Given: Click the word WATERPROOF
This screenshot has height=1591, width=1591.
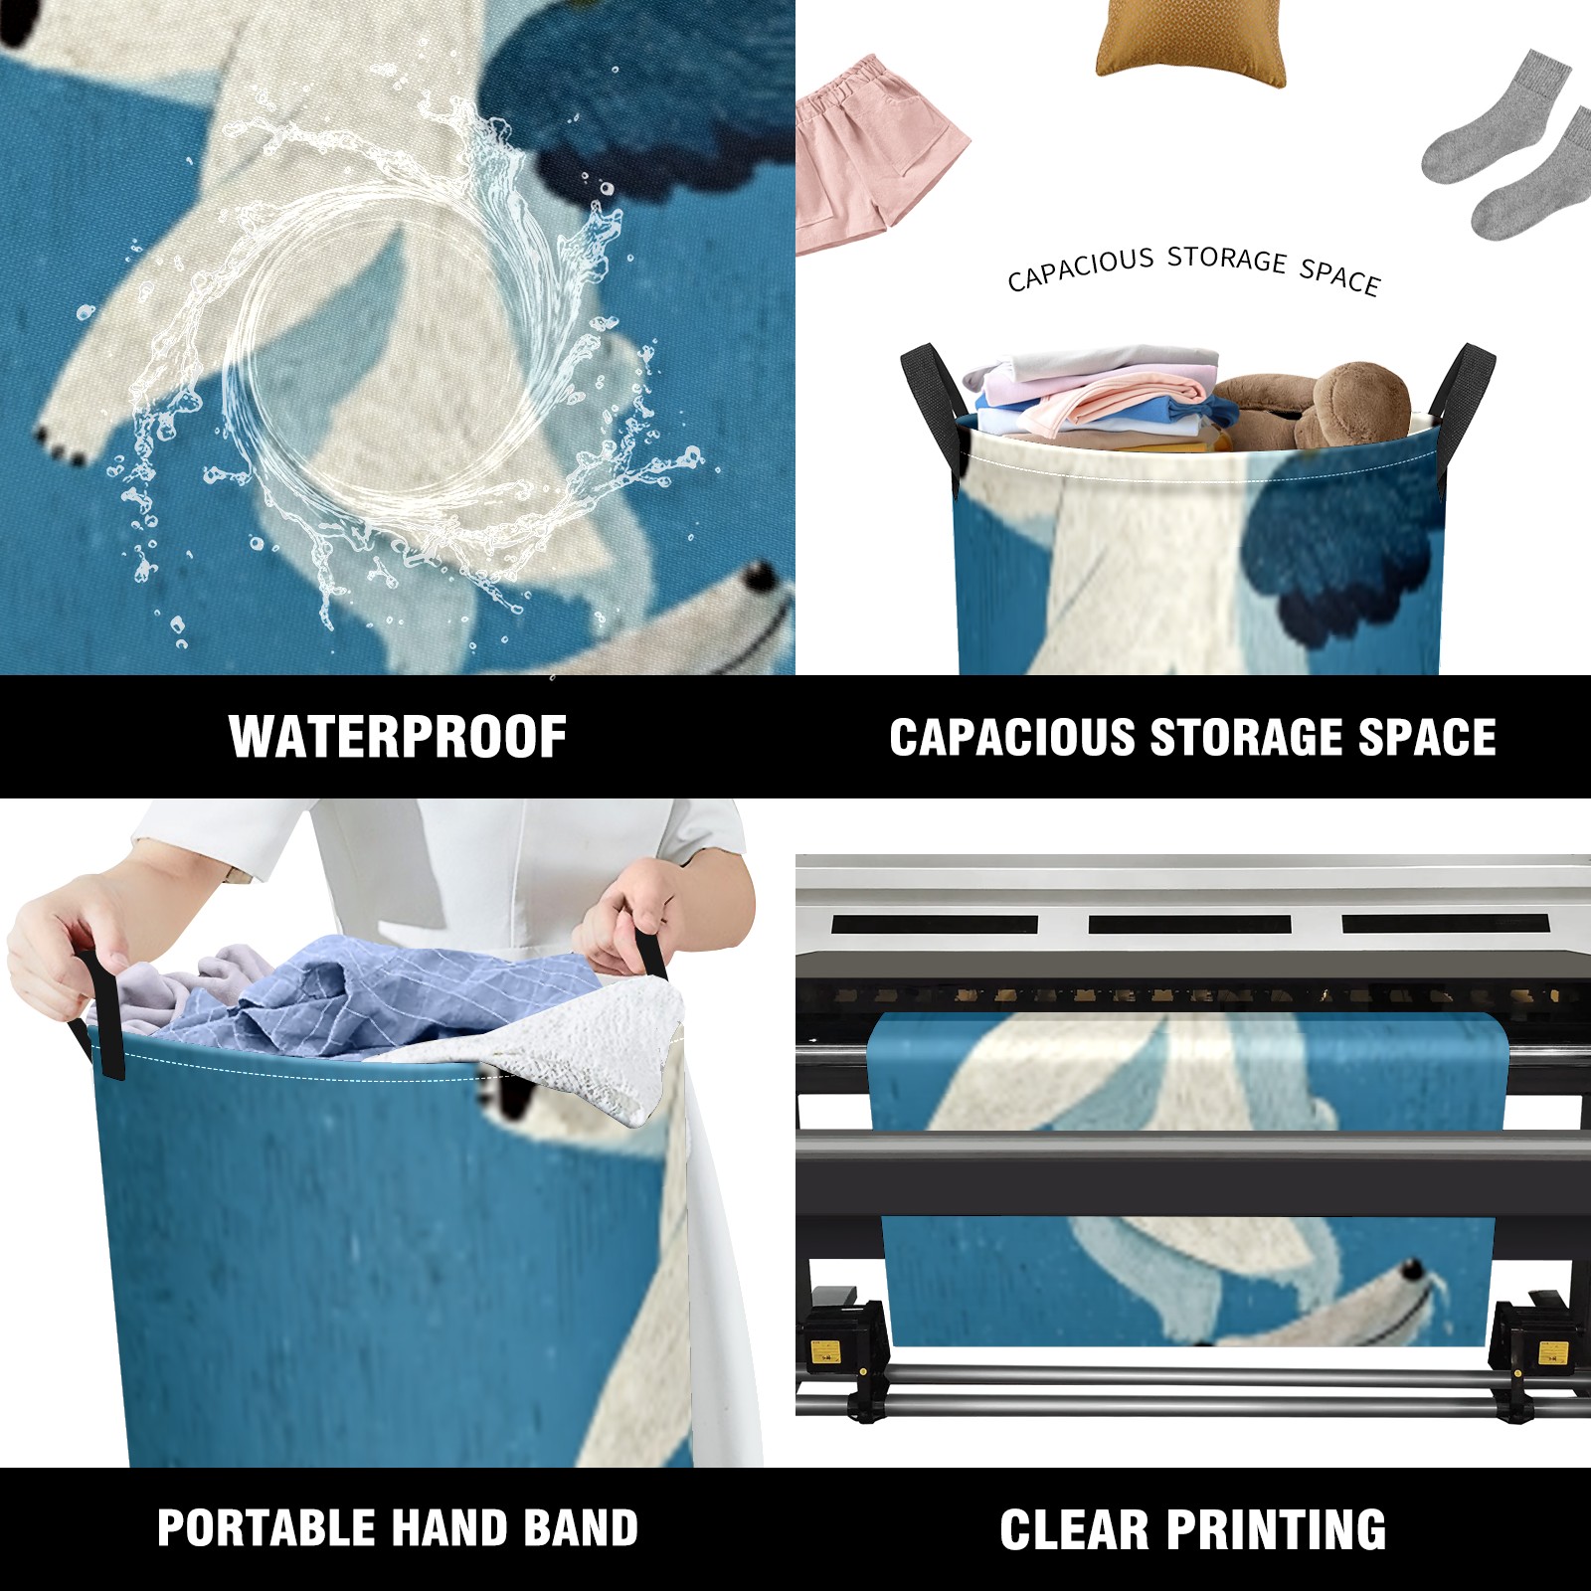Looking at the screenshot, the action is click(x=398, y=737).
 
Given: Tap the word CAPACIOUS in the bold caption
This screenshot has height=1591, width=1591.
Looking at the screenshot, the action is click(x=1012, y=738).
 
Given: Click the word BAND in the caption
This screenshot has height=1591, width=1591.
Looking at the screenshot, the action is click(x=582, y=1528).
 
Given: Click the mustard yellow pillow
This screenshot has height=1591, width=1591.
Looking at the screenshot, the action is click(x=1190, y=40).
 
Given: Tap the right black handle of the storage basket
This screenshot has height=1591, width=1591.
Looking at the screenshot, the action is click(x=1462, y=393).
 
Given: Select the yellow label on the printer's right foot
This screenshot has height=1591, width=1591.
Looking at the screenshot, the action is click(x=1552, y=1353).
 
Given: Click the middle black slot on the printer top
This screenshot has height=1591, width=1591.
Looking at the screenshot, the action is click(x=1190, y=924).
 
